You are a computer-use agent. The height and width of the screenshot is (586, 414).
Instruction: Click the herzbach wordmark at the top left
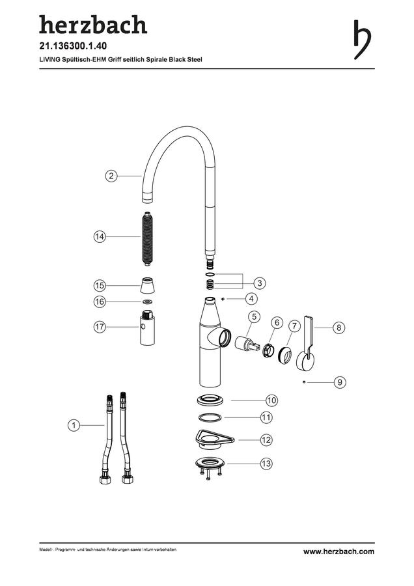coord(93,25)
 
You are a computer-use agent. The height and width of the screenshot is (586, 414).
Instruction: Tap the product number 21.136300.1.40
coord(73,46)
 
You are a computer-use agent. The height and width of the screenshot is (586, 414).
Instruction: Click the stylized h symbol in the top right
coord(362,40)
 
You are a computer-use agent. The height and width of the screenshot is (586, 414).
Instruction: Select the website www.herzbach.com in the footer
coord(338,551)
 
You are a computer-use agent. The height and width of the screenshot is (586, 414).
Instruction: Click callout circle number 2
coord(111,176)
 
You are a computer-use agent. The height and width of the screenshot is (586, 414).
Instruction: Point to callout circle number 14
coord(100,236)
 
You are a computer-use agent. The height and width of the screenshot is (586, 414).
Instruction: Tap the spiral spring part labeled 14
coord(148,239)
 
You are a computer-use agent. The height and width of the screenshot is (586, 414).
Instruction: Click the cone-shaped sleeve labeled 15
coord(148,286)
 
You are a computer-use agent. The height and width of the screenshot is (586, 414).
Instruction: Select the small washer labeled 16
coord(148,301)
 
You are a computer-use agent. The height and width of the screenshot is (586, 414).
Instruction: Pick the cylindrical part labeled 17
coord(148,328)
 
